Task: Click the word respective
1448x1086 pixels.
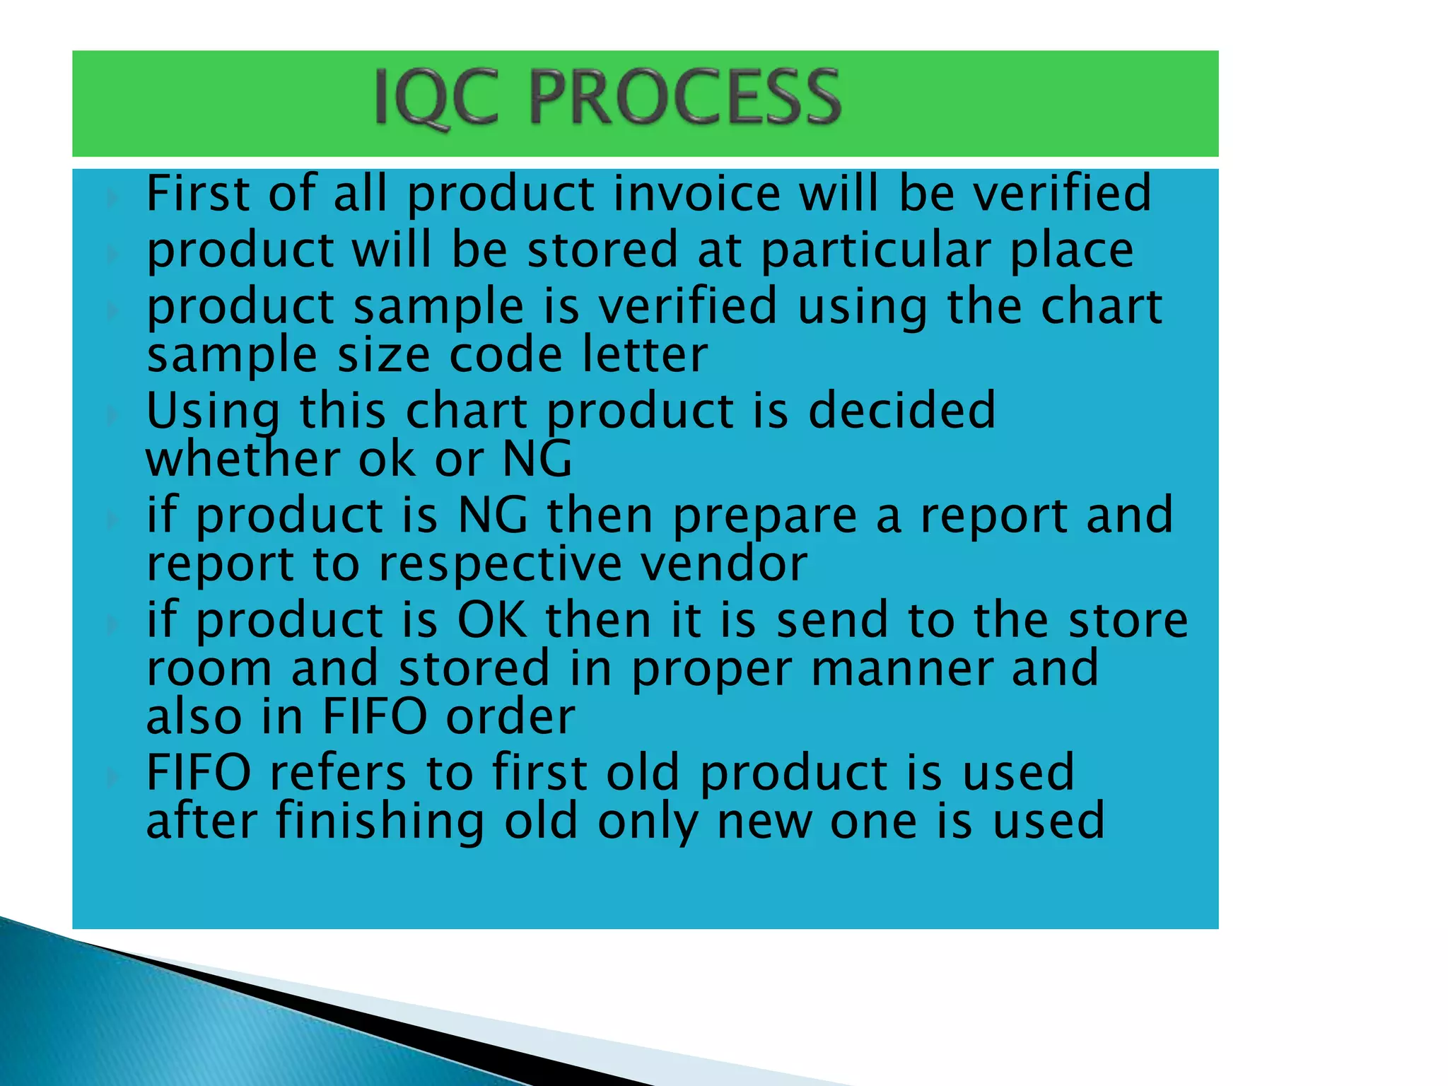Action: pos(500,565)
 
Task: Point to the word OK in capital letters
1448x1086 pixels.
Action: pos(492,619)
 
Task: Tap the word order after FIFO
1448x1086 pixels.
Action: pos(510,716)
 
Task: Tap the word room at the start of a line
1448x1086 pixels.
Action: pos(209,668)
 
